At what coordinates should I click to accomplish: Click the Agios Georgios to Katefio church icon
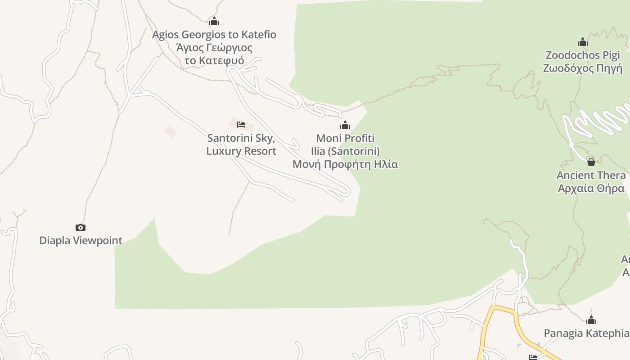pyautogui.click(x=214, y=21)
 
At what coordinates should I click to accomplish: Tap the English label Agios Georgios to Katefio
pyautogui.click(x=214, y=35)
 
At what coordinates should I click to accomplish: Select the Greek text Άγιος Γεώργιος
pyautogui.click(x=214, y=48)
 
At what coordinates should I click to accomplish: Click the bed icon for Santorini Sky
pyautogui.click(x=241, y=124)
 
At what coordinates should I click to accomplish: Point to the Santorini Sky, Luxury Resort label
pyautogui.click(x=241, y=144)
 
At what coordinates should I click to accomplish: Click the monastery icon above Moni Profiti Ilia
pyautogui.click(x=345, y=125)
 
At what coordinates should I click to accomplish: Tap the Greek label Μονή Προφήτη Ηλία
pyautogui.click(x=345, y=164)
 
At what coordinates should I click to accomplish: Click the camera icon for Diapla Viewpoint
pyautogui.click(x=81, y=227)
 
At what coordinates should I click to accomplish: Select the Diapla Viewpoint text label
pyautogui.click(x=81, y=240)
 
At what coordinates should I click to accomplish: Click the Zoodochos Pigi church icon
pyautogui.click(x=583, y=42)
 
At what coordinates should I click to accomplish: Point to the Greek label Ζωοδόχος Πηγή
pyautogui.click(x=583, y=68)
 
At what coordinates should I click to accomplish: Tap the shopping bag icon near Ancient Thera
pyautogui.click(x=591, y=162)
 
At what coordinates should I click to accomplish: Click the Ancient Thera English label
pyautogui.click(x=591, y=175)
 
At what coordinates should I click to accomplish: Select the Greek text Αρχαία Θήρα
pyautogui.click(x=591, y=188)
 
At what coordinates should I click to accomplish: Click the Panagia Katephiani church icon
pyautogui.click(x=591, y=320)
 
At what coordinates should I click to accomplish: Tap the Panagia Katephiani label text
pyautogui.click(x=586, y=333)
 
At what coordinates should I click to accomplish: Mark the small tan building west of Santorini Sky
pyautogui.click(x=171, y=132)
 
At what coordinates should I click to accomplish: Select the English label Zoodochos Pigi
pyautogui.click(x=583, y=55)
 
